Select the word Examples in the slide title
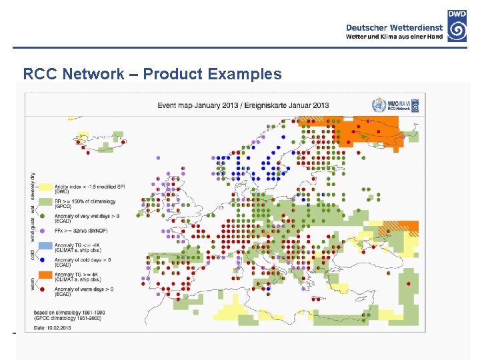(245, 74)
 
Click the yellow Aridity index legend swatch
(45, 187)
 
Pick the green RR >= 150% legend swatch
(45, 201)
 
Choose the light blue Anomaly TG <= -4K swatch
(45, 246)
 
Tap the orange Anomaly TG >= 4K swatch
(45, 275)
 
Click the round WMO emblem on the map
(379, 105)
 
